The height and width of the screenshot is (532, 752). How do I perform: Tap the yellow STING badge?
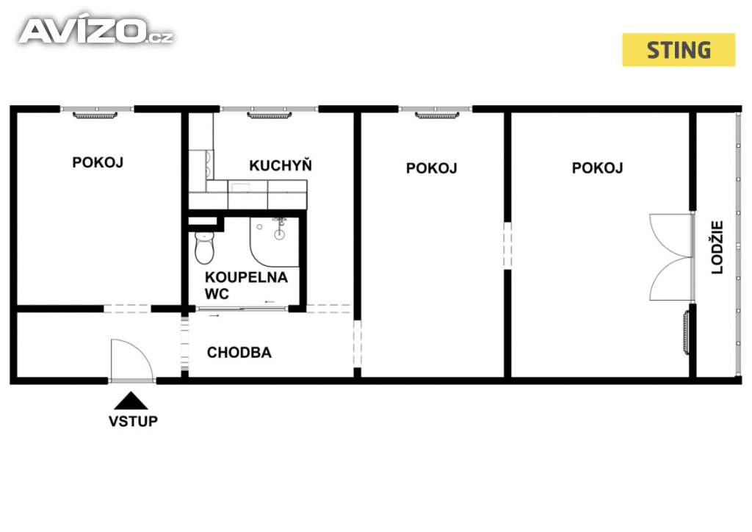(x=678, y=50)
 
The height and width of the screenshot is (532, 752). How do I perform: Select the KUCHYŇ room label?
(x=281, y=165)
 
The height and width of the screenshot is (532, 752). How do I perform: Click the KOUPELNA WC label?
(x=246, y=285)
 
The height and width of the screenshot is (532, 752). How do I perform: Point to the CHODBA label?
(x=239, y=353)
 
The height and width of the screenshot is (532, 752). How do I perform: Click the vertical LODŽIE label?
(x=717, y=247)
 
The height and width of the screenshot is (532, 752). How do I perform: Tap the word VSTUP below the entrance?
(x=133, y=421)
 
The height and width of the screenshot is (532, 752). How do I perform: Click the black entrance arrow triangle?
(x=131, y=401)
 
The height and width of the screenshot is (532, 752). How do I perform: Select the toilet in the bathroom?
(x=204, y=247)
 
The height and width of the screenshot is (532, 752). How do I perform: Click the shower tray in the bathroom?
(x=275, y=241)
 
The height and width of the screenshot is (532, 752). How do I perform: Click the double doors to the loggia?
(x=671, y=257)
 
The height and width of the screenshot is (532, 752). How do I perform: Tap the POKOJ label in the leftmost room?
(x=98, y=162)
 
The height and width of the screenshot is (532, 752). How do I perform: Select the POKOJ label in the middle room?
(x=432, y=168)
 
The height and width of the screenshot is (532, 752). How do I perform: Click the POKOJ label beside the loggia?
(x=598, y=168)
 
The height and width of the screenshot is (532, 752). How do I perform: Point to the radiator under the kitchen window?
(x=270, y=115)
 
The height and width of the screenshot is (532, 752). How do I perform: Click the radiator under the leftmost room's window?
(x=95, y=115)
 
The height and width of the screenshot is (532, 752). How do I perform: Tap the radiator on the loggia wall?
(x=687, y=332)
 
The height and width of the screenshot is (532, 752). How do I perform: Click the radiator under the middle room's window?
(x=437, y=115)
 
